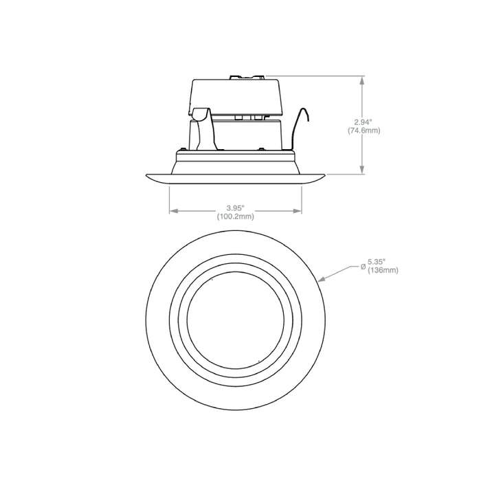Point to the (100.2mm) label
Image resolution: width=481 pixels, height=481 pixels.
point(235,216)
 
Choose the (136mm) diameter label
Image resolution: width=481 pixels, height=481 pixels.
point(383,270)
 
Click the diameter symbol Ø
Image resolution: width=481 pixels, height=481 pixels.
point(362,266)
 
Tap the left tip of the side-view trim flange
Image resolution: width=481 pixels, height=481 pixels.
point(147,177)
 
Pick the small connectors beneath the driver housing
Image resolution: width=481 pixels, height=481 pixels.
point(249,118)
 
